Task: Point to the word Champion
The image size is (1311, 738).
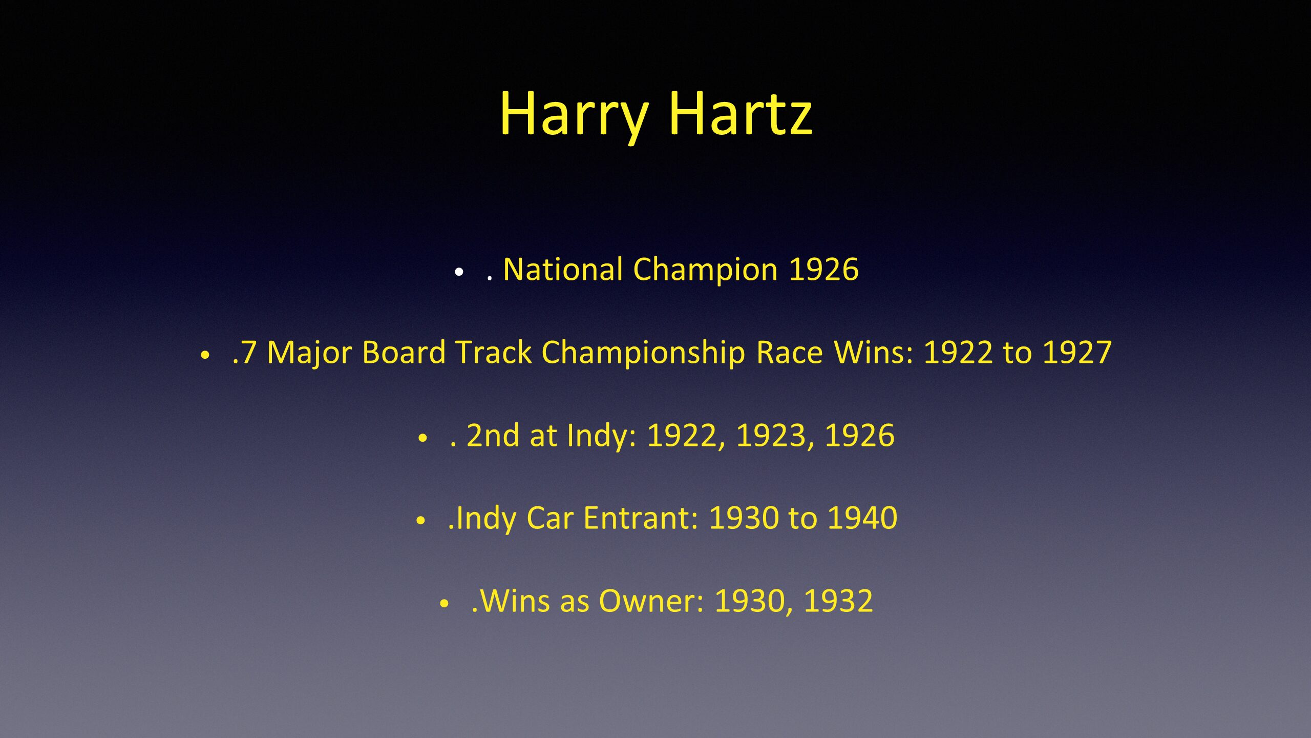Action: tap(706, 271)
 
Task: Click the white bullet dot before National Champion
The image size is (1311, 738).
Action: tap(459, 272)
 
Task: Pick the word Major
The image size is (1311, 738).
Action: tap(310, 354)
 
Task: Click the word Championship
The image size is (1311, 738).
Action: tap(643, 354)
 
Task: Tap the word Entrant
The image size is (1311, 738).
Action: tap(641, 518)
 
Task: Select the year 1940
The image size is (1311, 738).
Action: tap(863, 518)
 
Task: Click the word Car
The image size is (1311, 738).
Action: tap(550, 518)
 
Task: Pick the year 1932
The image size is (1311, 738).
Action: tap(838, 601)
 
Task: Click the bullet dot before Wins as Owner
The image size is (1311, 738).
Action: tap(444, 604)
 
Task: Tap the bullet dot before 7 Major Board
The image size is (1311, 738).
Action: tap(205, 355)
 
